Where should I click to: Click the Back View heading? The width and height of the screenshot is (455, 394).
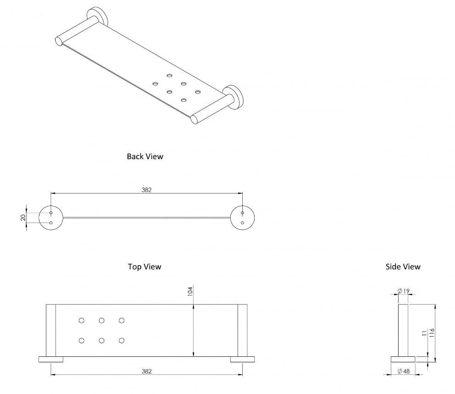[145, 156]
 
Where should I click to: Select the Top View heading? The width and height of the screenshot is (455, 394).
[144, 266]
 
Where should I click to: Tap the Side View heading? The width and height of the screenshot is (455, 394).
[403, 266]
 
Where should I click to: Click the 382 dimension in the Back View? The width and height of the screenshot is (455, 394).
[146, 189]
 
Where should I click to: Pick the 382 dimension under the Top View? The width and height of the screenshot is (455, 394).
[146, 371]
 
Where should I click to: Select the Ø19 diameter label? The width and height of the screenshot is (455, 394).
[404, 291]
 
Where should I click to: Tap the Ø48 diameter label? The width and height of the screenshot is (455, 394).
[404, 371]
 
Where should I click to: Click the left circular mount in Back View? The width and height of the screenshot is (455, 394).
[50, 218]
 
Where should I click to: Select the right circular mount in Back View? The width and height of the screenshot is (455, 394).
[243, 218]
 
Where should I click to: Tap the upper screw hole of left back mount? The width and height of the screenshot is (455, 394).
[50, 213]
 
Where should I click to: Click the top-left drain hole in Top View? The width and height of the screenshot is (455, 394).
[82, 320]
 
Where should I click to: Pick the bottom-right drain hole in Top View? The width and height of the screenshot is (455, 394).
[122, 340]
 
